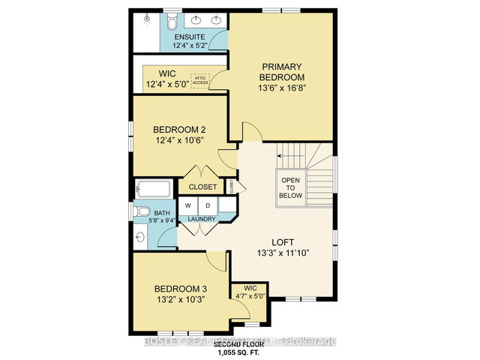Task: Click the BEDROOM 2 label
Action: tap(180, 127)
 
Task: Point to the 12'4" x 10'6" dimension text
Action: tap(180, 139)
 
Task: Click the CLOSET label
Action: tap(202, 187)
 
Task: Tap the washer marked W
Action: tap(187, 205)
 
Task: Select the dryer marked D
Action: tap(208, 205)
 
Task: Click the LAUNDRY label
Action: tap(202, 219)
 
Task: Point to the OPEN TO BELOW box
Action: tap(291, 187)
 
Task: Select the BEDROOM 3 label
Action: tap(181, 289)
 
